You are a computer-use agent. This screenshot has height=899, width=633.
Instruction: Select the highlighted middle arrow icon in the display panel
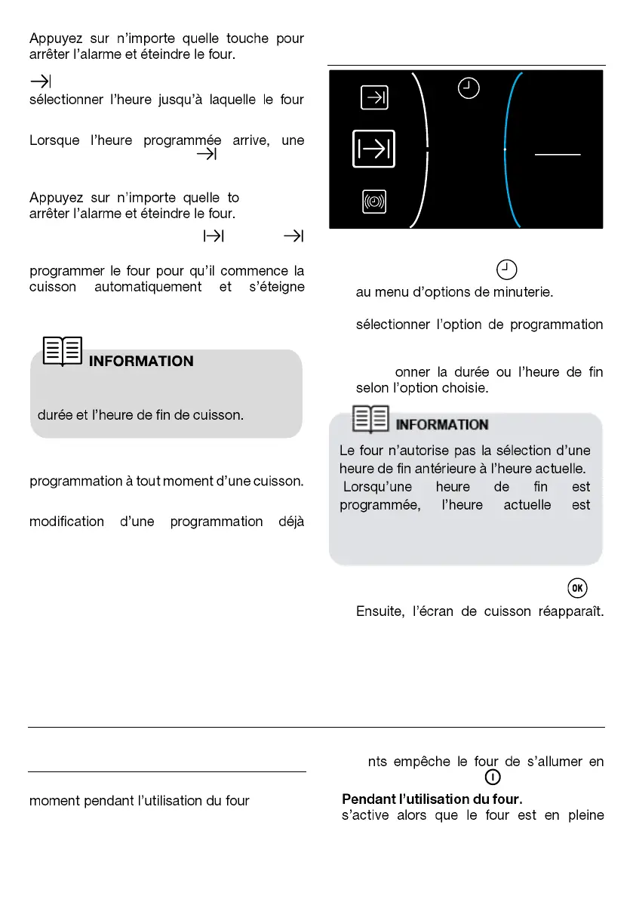(373, 149)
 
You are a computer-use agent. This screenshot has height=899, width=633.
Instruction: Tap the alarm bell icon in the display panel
(374, 202)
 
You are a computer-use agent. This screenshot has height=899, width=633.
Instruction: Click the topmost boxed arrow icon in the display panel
(374, 97)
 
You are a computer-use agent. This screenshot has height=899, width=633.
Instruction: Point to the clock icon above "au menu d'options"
(507, 269)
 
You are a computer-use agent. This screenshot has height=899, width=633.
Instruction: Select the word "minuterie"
(522, 291)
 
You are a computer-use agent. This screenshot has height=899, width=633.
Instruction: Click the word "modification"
(67, 522)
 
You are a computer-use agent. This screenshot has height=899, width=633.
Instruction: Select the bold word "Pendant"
(367, 799)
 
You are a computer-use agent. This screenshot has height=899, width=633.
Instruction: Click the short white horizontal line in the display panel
(558, 154)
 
